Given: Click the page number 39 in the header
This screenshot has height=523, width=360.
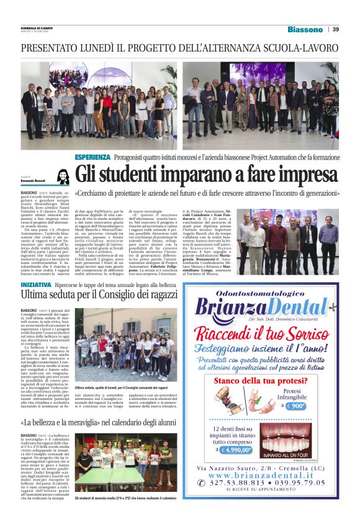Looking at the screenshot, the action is pos(336,29).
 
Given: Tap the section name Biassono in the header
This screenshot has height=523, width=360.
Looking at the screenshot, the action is pos(305,29).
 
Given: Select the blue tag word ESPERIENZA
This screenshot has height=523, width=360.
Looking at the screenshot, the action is pos(92,157).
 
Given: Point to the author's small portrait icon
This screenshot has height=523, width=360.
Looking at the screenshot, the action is pos(62,176).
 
